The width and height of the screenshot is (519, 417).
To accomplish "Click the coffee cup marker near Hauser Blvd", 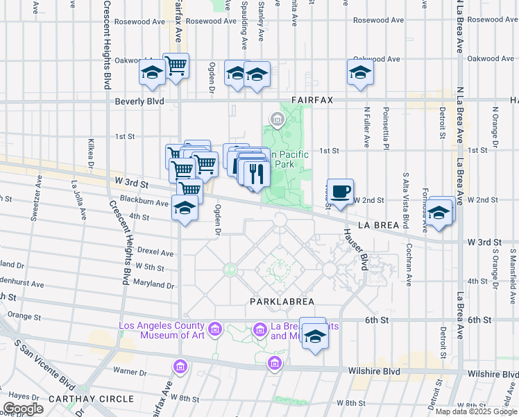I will (x=340, y=191).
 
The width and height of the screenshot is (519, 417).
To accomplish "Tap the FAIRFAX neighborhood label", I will (x=312, y=100).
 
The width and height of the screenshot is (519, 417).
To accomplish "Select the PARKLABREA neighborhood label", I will (x=282, y=302).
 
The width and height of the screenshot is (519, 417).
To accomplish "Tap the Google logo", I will (x=24, y=409).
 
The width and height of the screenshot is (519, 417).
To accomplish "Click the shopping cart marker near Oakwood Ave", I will (x=176, y=66).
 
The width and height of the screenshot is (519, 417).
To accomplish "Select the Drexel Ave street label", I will (x=155, y=252).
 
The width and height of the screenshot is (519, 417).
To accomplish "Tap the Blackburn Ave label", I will (x=144, y=203).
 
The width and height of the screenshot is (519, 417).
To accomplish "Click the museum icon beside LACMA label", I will (x=214, y=327).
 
